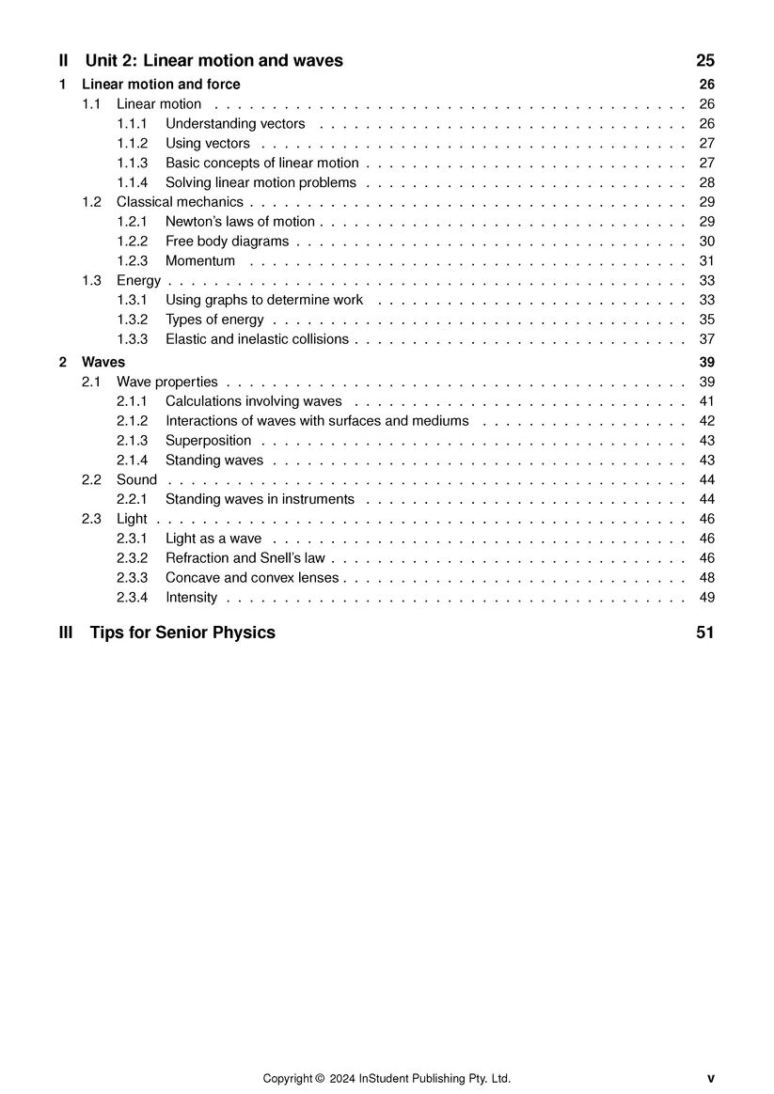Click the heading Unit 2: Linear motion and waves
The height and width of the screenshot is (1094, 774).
pos(213,61)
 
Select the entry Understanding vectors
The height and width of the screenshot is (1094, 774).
pos(235,124)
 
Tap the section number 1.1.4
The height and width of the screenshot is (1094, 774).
pos(133,183)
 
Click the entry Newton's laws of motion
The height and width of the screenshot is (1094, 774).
pos(240,222)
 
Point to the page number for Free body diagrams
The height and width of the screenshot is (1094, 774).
pos(707,242)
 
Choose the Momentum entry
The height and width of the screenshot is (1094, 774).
pos(200,261)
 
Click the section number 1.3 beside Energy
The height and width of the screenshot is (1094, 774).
pos(91,281)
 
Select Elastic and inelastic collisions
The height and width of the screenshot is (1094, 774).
pos(257,339)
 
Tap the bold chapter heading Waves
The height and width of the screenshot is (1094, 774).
pos(103,362)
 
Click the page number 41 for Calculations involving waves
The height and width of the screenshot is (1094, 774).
pos(707,401)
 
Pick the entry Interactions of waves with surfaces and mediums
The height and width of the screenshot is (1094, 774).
pos(317,421)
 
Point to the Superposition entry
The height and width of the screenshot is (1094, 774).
pos(208,441)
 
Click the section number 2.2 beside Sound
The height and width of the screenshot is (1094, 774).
pos(91,480)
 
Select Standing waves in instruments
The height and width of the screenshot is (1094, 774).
pos(260,500)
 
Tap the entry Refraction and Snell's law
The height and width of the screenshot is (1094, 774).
pos(245,558)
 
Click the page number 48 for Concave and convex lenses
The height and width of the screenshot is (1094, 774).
pos(707,578)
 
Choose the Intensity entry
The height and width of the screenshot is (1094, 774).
pos(191,598)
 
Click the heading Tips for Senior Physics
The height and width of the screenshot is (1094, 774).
pos(182,633)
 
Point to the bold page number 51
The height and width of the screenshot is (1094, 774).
pos(705,633)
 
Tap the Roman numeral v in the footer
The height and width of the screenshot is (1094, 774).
pos(711,1079)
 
